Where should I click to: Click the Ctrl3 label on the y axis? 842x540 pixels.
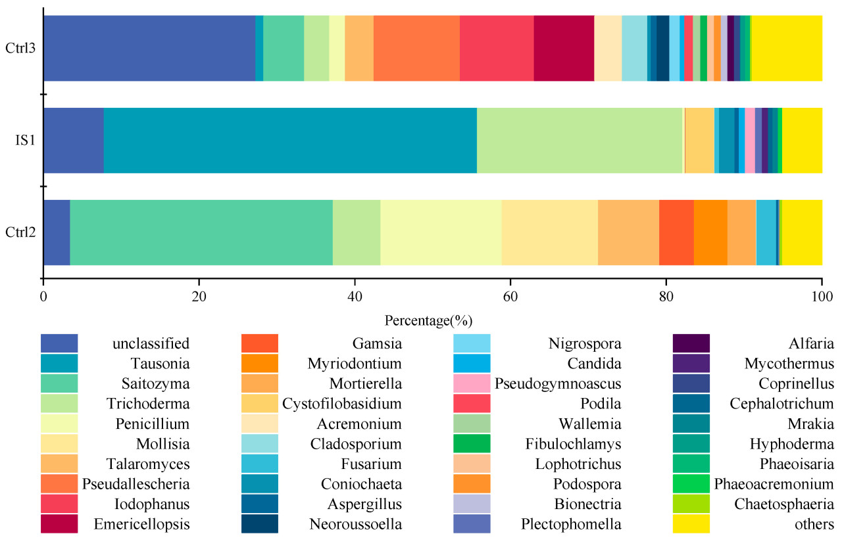(x=20, y=48)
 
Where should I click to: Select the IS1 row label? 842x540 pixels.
(x=25, y=140)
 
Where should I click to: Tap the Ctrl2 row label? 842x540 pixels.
(x=20, y=232)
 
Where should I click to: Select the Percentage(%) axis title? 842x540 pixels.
(x=428, y=321)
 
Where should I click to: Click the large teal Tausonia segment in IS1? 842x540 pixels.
(x=290, y=140)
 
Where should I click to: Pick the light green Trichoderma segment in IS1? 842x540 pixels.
(x=580, y=140)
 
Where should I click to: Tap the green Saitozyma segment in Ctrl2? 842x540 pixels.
(x=201, y=232)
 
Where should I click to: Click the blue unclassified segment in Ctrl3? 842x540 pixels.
(x=149, y=48)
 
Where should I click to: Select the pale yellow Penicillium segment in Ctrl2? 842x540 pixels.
(x=441, y=232)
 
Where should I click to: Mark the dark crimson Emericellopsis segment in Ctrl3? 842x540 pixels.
(x=564, y=48)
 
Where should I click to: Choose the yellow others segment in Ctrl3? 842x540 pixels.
(x=786, y=48)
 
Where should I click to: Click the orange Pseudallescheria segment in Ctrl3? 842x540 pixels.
(x=416, y=48)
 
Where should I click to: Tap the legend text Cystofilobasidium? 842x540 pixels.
(x=342, y=403)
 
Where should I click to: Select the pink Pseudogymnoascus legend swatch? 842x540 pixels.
(x=472, y=383)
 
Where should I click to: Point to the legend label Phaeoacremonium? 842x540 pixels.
(x=774, y=485)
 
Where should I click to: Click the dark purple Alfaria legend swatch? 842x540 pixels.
(x=691, y=343)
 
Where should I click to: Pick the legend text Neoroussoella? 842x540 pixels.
(x=356, y=524)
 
